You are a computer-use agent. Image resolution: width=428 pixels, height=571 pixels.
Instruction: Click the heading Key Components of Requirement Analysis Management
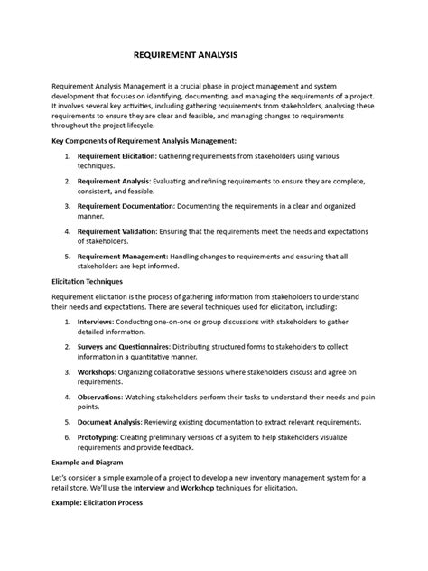(x=145, y=141)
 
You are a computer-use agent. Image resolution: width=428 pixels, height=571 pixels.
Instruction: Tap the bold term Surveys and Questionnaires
(x=126, y=345)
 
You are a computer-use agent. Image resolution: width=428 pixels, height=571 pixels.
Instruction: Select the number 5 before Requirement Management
(x=68, y=257)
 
